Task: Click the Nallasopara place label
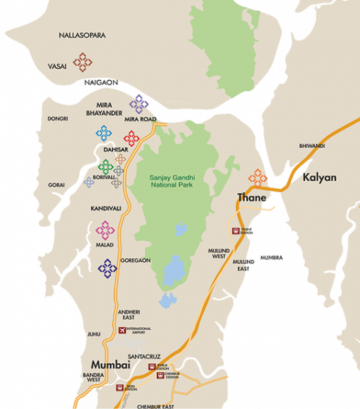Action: point(82,35)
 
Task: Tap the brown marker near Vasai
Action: point(83,63)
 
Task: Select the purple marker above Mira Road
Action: point(139,104)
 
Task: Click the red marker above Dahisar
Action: point(131,138)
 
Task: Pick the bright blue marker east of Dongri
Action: point(103,133)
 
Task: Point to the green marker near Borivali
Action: point(105,166)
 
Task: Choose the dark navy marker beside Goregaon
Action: point(107,269)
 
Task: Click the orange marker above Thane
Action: point(257,177)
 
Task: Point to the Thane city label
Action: point(250,198)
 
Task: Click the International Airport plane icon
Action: point(123,331)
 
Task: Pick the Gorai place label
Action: point(57,185)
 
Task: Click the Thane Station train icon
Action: point(235,231)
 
